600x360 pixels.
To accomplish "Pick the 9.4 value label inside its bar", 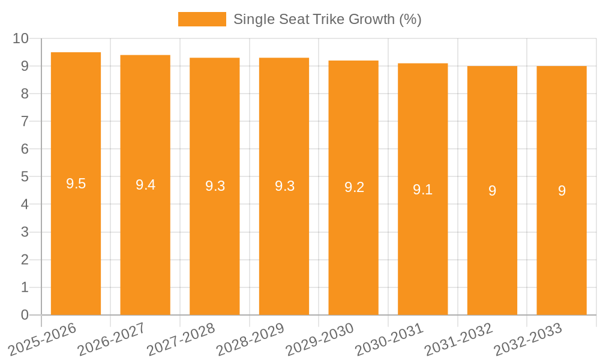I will tap(145, 185).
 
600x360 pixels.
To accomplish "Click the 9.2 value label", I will tap(354, 187).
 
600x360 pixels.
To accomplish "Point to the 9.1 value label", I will tap(422, 190).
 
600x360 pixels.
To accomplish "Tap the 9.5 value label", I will tap(76, 184).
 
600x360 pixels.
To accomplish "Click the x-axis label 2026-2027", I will tap(111, 339).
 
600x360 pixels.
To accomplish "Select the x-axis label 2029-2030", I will tap(319, 339).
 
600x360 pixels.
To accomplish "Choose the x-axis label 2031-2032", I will tap(458, 339).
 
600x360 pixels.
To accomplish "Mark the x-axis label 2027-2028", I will tap(181, 339).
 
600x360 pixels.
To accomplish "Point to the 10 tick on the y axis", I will tap(20, 38).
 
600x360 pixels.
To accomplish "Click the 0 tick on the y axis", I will tap(25, 315).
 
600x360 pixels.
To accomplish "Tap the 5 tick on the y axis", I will tap(25, 177).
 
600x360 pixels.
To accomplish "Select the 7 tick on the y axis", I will tap(25, 121).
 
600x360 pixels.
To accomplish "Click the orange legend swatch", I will tap(202, 19).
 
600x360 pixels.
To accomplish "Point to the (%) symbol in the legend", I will tap(410, 19).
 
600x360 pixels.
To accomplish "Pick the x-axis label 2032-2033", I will tap(528, 339).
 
